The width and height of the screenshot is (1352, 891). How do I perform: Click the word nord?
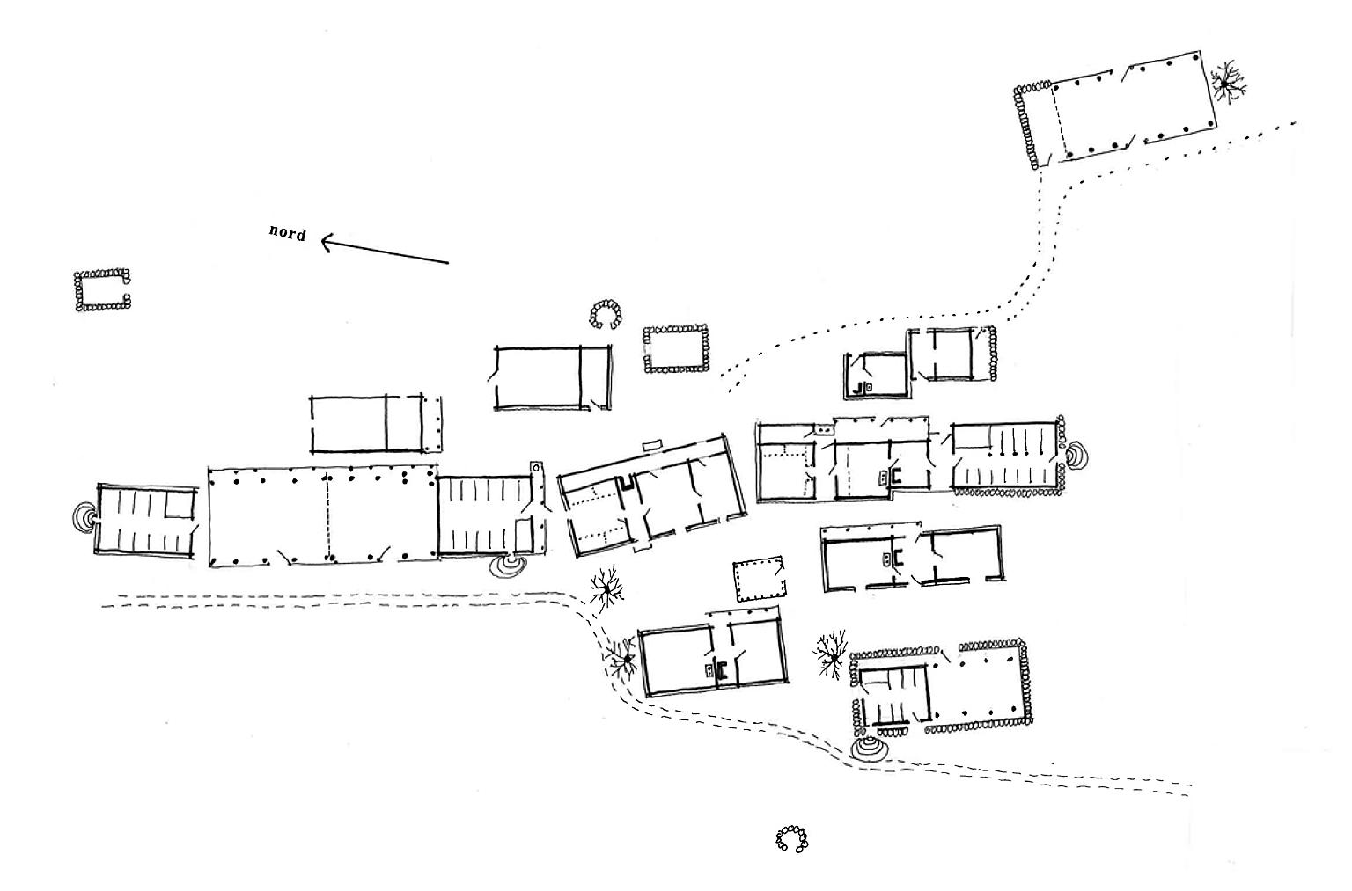[x=287, y=233]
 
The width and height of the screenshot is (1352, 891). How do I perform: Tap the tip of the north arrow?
[x=320, y=242]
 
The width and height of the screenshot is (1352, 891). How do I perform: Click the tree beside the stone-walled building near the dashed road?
[x=831, y=655]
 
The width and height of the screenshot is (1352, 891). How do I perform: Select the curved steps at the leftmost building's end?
[x=84, y=517]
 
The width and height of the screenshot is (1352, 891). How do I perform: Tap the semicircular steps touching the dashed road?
[x=869, y=749]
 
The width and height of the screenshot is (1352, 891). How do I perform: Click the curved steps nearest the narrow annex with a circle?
[x=508, y=566]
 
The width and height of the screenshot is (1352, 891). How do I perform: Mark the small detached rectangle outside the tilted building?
[x=652, y=446]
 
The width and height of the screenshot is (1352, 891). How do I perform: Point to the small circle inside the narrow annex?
[x=536, y=468]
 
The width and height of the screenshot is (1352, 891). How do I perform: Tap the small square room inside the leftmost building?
[x=180, y=504]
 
